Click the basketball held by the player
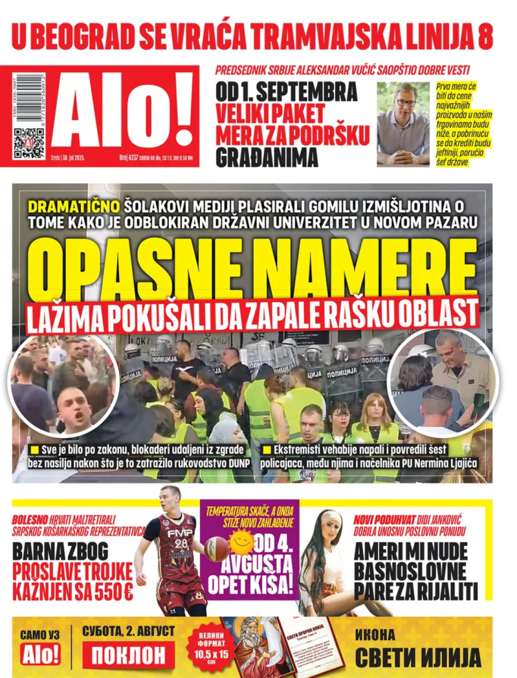click(216, 549)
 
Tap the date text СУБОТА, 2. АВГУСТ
click(128, 631)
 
